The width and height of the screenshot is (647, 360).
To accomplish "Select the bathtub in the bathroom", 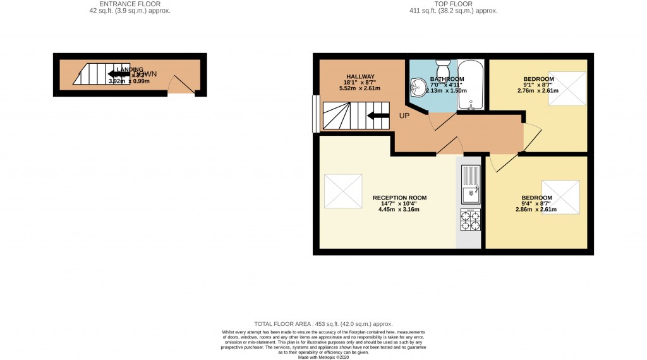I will coord(471,85).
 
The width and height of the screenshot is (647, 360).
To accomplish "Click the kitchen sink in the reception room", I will coord(470,184).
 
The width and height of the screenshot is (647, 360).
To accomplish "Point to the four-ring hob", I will coord(470,220).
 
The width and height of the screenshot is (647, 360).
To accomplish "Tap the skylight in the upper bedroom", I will coord(570,87).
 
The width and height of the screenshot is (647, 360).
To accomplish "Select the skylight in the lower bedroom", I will coord(561,196).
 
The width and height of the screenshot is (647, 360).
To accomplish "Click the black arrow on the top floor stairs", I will coord(378,115).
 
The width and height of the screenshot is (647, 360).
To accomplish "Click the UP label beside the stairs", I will coord(404,116).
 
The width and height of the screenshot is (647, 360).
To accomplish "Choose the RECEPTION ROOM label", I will coord(399,198).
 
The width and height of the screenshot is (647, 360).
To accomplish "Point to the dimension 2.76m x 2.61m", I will coord(538,91).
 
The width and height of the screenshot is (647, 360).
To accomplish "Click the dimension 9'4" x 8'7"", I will coord(537,203).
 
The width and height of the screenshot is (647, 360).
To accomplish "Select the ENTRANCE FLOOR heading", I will coord(130,4).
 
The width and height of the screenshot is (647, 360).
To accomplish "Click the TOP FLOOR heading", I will coord(453,4).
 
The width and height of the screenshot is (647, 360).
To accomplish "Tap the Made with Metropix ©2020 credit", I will coord(323,357).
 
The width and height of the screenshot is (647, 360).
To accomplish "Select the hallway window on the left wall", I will coord(315,114).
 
